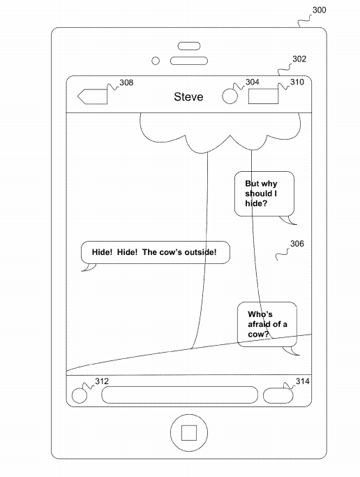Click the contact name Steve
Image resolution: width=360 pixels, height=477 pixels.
coord(188,97)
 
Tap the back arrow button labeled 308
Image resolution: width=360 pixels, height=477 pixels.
coord(92,97)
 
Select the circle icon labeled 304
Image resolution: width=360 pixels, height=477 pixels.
coord(230,96)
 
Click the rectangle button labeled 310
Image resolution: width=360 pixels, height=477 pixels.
coord(263,96)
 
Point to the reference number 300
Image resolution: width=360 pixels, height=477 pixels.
coord(320,10)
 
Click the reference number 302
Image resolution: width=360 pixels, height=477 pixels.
coord(299,59)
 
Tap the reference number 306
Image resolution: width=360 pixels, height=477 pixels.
coord(297,244)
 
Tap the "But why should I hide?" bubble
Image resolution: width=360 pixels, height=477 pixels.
coord(264,193)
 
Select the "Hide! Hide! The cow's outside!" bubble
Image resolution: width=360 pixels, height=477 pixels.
coord(156,252)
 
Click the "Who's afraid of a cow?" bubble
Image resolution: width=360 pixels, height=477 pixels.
coord(267,324)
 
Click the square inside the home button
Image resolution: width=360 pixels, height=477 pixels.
coord(189,432)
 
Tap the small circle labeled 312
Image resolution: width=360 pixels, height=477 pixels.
coord(80,396)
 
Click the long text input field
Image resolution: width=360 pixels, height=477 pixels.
coord(179,395)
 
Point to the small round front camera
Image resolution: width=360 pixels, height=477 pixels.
coord(156,61)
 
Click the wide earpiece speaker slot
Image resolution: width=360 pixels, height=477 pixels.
coord(189,61)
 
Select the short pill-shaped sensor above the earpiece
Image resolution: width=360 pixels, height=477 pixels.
coord(189,46)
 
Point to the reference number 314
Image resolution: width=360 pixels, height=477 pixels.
coord(303,381)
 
